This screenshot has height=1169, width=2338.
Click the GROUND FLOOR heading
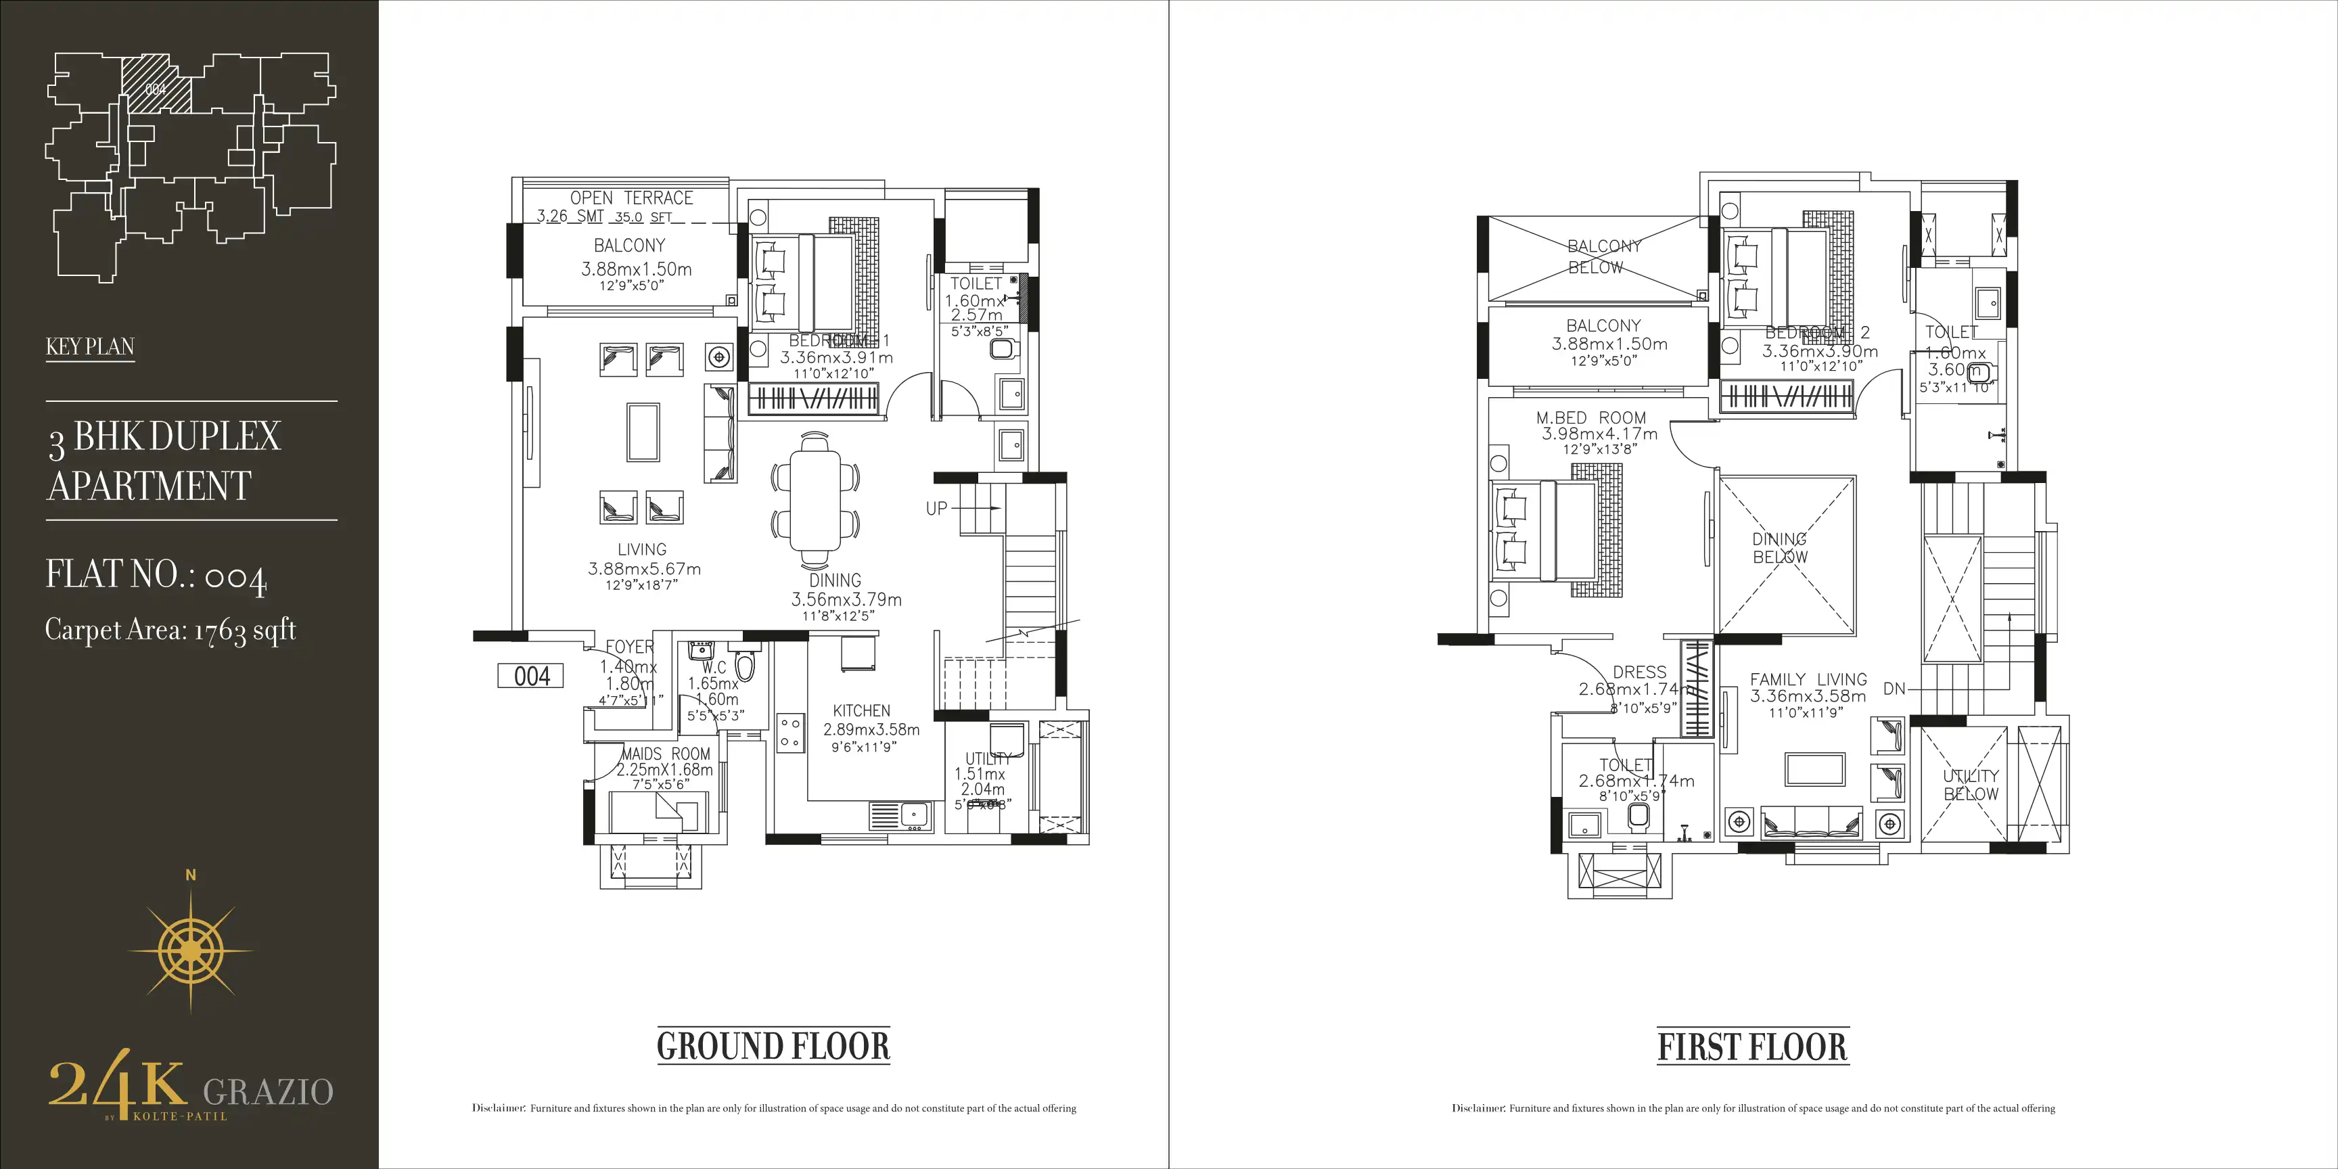pos(773,1046)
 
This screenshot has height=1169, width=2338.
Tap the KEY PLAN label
pos(90,346)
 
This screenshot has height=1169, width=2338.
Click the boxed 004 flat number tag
pos(531,677)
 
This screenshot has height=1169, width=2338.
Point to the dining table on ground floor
pos(815,502)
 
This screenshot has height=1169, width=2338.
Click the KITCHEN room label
pos(861,710)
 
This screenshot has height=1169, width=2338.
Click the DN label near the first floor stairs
pos(1894,689)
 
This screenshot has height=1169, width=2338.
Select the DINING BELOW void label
pos(1779,548)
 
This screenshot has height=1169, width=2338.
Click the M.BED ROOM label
pos(1590,418)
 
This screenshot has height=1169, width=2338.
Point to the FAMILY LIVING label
pos(1808,679)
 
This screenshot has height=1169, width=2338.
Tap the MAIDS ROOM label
pos(666,754)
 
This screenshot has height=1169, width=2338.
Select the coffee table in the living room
pos(643,433)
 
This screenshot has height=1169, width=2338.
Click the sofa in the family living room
pos(1810,823)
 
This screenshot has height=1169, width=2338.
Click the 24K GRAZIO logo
pos(191,1087)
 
